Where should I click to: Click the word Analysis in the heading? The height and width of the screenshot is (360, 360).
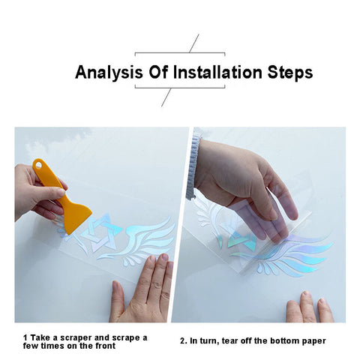pos(109,73)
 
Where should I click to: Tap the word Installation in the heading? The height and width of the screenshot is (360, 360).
pos(217,72)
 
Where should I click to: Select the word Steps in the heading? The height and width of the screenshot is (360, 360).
pos(290,73)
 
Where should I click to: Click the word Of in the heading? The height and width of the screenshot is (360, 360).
pos(158,72)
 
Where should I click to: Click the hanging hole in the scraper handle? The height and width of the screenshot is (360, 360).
pos(38,165)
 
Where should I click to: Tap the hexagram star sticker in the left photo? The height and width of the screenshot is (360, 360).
pos(102,232)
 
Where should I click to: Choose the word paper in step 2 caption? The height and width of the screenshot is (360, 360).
pos(313,341)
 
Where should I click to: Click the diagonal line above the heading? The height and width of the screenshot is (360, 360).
pos(194,43)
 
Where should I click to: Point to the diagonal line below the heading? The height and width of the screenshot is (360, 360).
pos(166,97)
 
